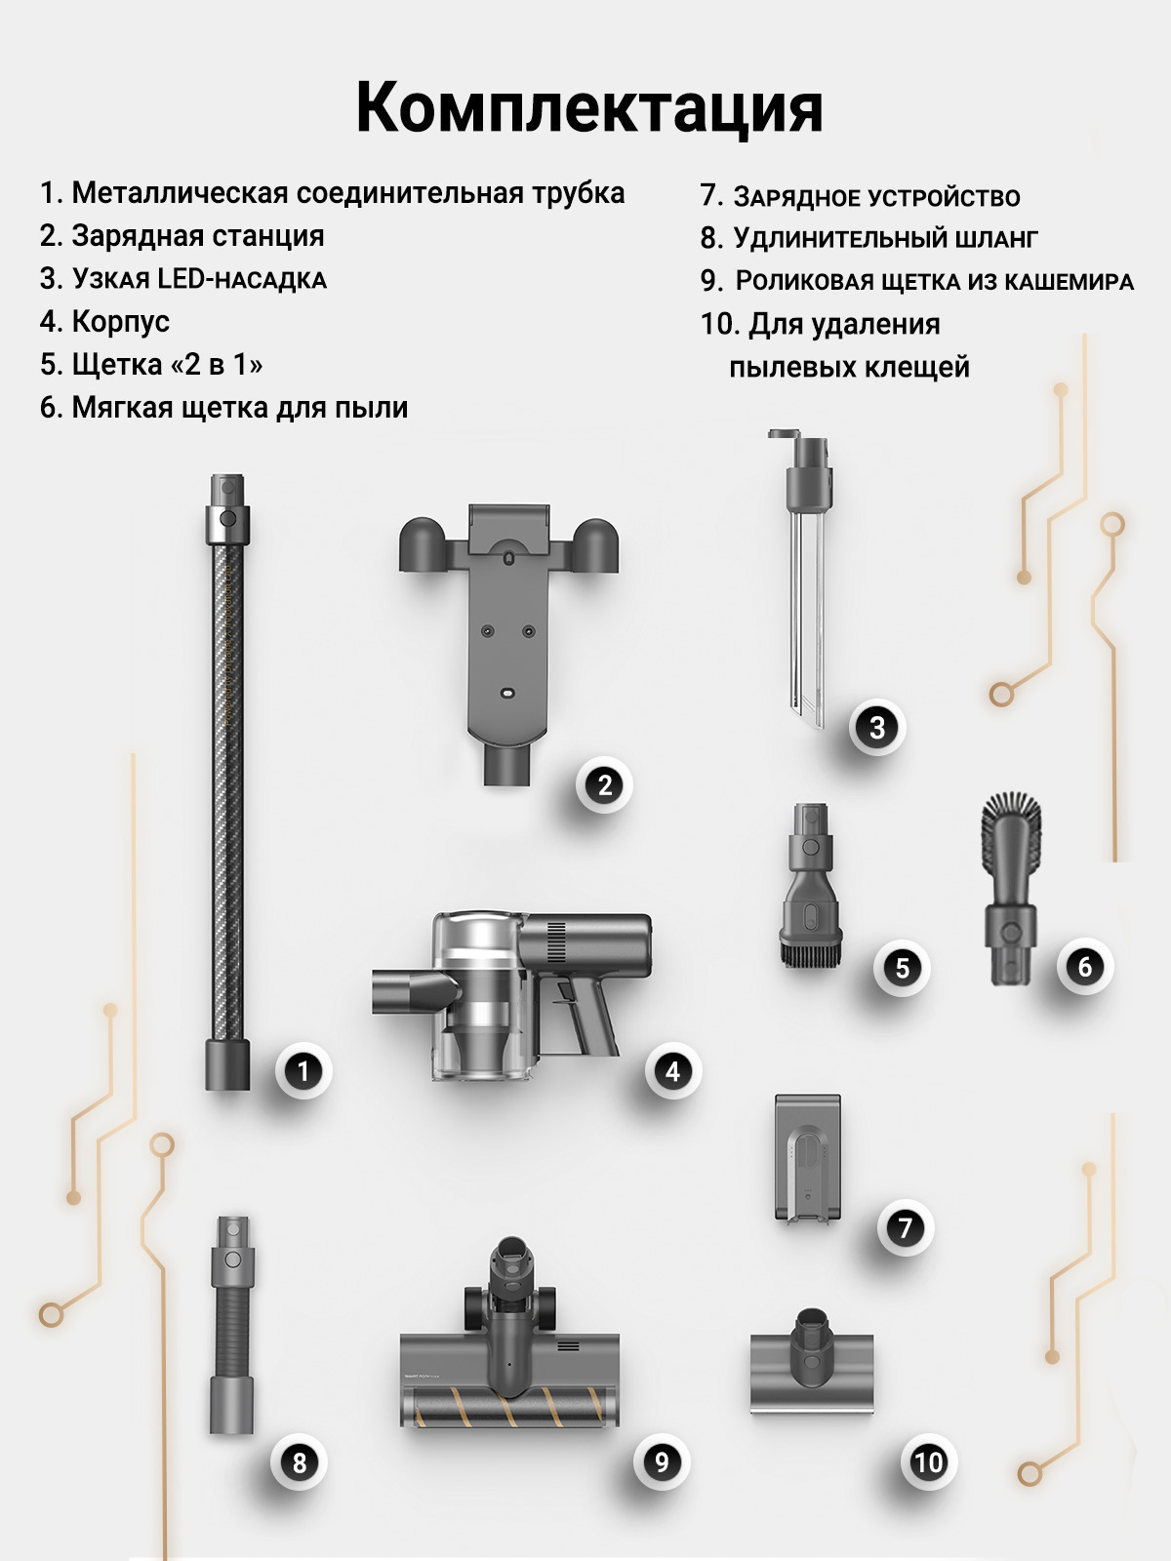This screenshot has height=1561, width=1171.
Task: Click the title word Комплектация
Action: pos(588,108)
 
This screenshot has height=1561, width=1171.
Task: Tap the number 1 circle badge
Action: pos(303,1071)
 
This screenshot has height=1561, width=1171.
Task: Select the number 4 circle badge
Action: pos(672,1071)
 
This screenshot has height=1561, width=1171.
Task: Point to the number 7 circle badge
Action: pos(905,1227)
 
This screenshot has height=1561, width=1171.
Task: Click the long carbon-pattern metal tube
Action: pos(227,782)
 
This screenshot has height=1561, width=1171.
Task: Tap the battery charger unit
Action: pos(808,1159)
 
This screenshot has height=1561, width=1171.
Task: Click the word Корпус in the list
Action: pos(121,321)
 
